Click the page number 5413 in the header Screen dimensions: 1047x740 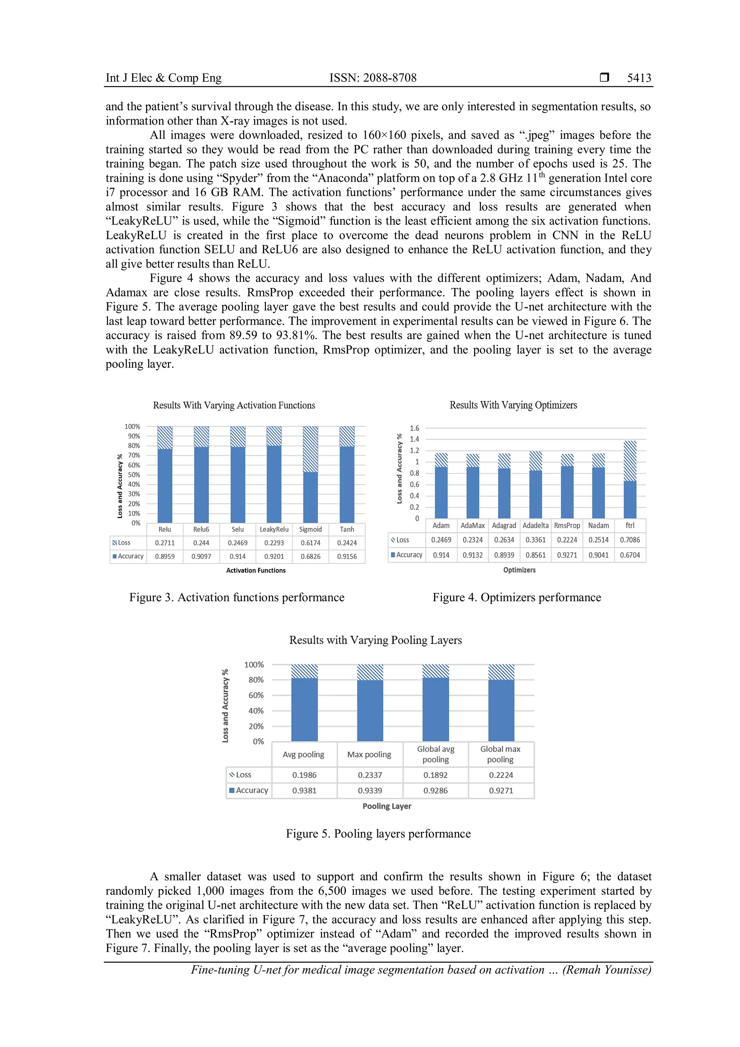click(x=639, y=78)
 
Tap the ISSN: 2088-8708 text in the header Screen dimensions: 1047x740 click(x=373, y=78)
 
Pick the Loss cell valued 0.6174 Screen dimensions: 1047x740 click(x=310, y=543)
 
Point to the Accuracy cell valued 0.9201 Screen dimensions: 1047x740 click(x=274, y=556)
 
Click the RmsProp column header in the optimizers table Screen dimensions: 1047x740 click(x=567, y=525)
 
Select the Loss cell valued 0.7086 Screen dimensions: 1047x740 click(x=630, y=540)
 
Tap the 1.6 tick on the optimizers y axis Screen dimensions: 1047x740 click(x=414, y=428)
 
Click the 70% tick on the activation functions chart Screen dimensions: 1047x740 click(x=133, y=455)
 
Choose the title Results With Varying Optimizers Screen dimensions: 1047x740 click(x=513, y=405)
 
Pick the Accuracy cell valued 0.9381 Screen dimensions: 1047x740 click(x=304, y=790)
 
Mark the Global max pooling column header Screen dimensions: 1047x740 click(x=500, y=754)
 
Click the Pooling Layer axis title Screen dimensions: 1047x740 click(x=387, y=806)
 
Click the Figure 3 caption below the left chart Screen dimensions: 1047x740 click(x=237, y=597)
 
